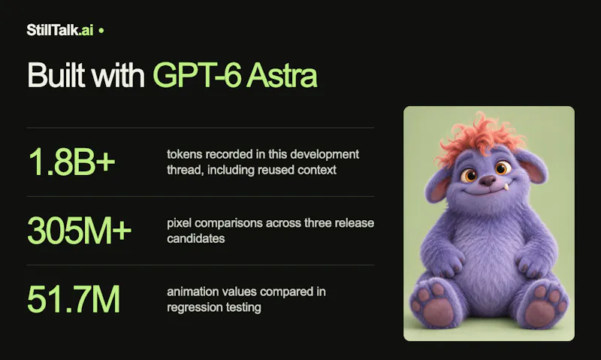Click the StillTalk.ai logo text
coord(60,30)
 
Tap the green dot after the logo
coord(101,30)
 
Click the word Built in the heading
coord(56,74)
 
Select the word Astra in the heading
coord(281,74)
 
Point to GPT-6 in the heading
coord(197,74)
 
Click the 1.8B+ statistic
coord(71,162)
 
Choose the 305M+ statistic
coord(80,231)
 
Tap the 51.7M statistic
coord(74,299)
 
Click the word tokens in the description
coord(184,154)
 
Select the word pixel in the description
coord(180,223)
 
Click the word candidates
coord(196,238)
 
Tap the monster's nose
coord(488,180)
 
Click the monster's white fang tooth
coord(506,187)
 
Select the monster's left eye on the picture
coord(468,176)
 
